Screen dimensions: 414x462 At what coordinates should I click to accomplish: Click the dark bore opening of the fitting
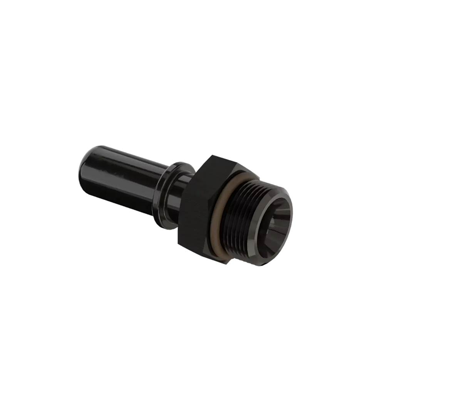pos(271,227)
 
